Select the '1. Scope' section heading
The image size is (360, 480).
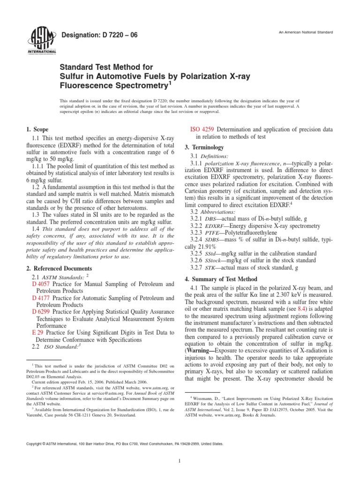coord(37,129)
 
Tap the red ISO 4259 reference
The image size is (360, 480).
coord(202,129)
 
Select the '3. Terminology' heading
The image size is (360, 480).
coord(207,147)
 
